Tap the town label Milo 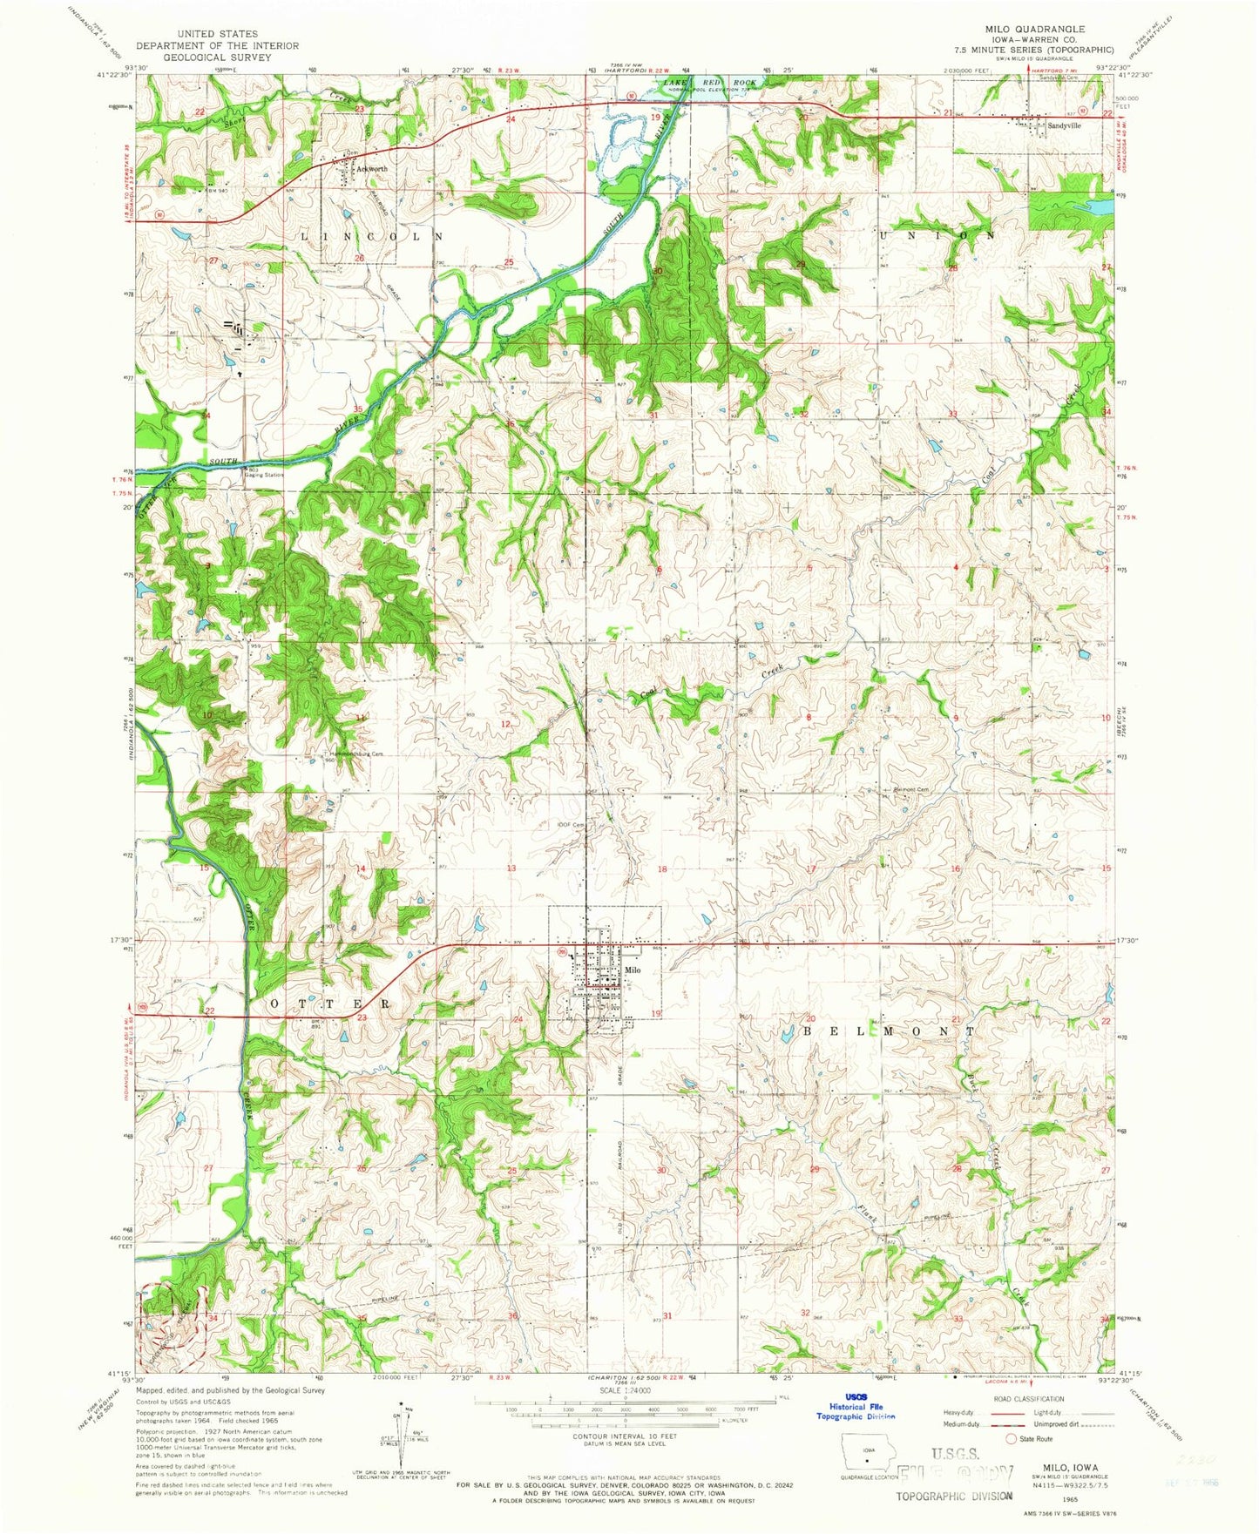click(x=633, y=970)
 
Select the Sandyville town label click(x=1064, y=125)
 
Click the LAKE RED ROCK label click(x=710, y=82)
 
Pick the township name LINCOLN click(x=372, y=236)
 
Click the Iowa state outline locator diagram click(x=864, y=1456)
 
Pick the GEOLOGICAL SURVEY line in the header click(x=217, y=57)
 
